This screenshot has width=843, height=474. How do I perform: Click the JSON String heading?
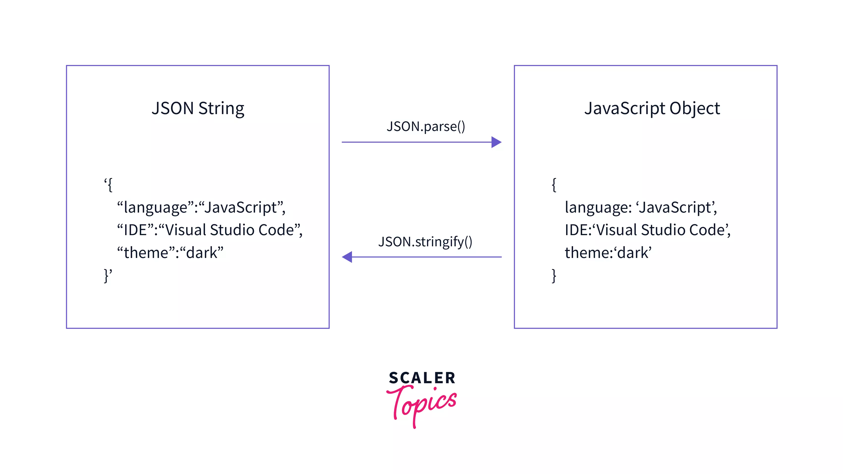[198, 108]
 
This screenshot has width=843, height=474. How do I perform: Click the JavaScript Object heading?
[652, 108]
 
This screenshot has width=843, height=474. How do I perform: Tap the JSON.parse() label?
[425, 126]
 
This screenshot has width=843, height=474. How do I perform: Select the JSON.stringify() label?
[425, 242]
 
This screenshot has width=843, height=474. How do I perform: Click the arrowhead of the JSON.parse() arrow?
[496, 142]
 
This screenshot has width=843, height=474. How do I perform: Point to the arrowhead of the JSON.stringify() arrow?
[347, 257]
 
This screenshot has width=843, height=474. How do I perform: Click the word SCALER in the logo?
[422, 378]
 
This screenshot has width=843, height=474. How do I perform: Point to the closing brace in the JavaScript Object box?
[554, 276]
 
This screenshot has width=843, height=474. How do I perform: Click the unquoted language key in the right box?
[596, 208]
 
